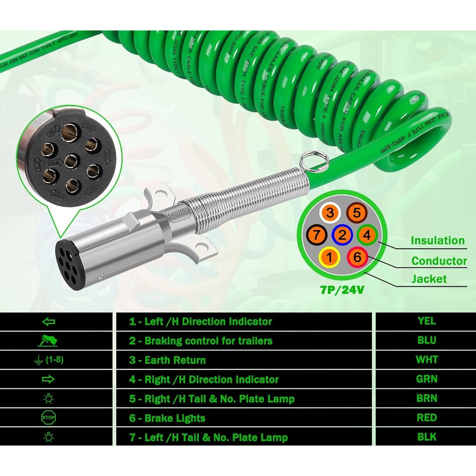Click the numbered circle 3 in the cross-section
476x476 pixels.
tap(330, 213)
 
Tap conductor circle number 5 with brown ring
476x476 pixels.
tap(357, 213)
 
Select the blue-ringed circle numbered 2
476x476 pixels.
tap(342, 235)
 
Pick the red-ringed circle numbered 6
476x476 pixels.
tap(357, 257)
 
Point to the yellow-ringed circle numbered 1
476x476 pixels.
tap(330, 257)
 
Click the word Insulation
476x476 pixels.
tap(437, 241)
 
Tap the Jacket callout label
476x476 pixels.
tap(429, 279)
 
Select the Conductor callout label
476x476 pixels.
tap(439, 261)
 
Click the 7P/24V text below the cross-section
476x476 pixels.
tap(342, 290)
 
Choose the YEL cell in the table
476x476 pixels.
tap(426, 321)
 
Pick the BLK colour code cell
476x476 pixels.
tap(426, 437)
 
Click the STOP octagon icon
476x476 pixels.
tap(48, 418)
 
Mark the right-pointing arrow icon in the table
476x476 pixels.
tap(48, 379)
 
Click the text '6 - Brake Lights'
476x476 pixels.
tap(167, 418)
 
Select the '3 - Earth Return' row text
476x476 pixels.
tap(167, 360)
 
